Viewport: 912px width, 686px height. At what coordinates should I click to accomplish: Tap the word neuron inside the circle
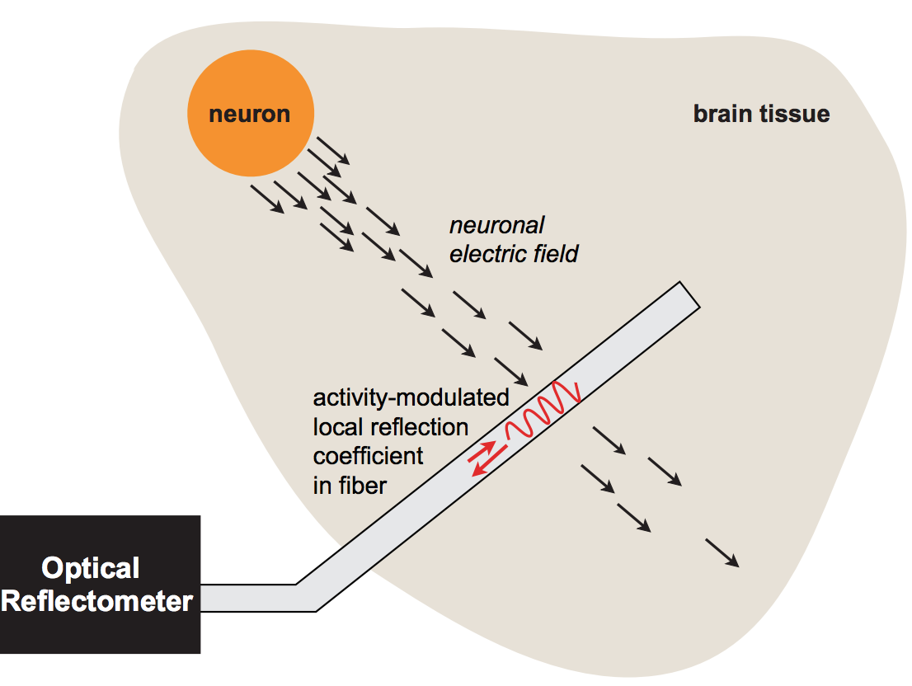click(249, 114)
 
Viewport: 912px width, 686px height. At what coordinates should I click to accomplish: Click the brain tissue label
click(760, 114)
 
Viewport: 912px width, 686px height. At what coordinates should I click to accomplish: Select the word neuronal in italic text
click(496, 224)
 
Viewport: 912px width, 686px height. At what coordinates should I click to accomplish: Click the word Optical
click(91, 568)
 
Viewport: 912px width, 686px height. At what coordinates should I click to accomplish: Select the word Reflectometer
click(97, 601)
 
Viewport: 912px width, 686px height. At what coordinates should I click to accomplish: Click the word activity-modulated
click(411, 398)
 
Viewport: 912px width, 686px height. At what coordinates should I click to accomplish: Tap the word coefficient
click(368, 456)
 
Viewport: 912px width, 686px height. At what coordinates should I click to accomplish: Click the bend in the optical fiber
click(306, 597)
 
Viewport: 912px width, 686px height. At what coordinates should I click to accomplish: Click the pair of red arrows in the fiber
click(482, 457)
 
